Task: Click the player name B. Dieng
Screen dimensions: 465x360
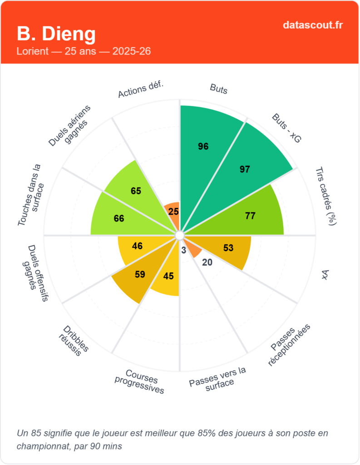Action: (x=56, y=34)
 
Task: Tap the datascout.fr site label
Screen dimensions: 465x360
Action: (x=313, y=25)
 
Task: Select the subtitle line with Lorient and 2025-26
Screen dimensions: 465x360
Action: (x=84, y=51)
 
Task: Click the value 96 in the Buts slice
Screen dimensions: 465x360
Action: (x=203, y=146)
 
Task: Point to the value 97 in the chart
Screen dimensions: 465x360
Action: (x=245, y=169)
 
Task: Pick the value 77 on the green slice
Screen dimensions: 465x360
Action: (x=250, y=216)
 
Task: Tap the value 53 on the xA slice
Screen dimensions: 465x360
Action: (x=228, y=248)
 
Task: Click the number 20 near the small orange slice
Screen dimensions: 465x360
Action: (x=207, y=262)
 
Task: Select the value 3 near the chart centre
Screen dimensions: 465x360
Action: (x=183, y=250)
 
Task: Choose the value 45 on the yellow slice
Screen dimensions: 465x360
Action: (x=168, y=276)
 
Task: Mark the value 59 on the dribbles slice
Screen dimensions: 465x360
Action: (x=140, y=274)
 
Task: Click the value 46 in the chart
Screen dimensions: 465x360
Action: (x=137, y=246)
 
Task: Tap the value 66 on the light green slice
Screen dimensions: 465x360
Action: (x=119, y=218)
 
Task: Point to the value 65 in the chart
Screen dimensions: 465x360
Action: (x=136, y=191)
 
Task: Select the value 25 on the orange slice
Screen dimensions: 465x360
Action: (x=173, y=211)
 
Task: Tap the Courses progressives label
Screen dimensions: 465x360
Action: (x=139, y=382)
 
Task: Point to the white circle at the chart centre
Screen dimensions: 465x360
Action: (x=180, y=235)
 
